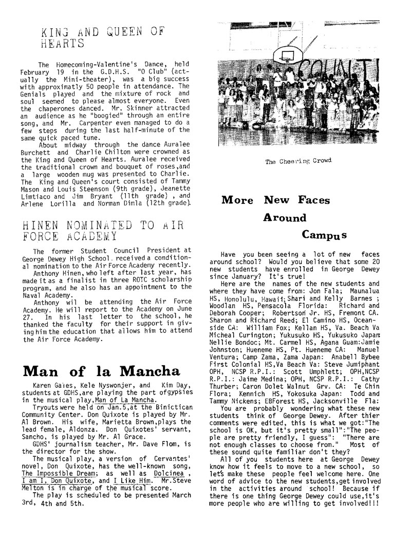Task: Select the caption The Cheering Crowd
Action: point(298,161)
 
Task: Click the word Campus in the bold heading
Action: point(324,235)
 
